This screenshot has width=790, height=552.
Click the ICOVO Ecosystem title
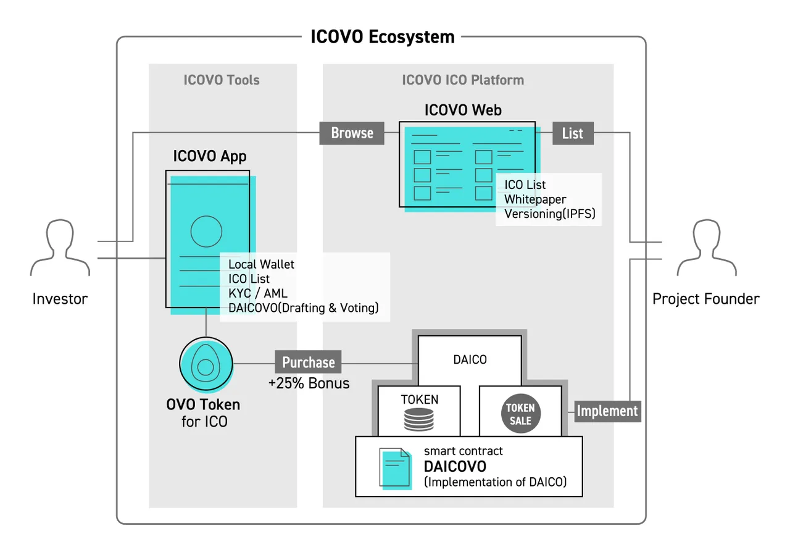click(x=382, y=36)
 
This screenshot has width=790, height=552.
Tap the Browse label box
click(x=352, y=133)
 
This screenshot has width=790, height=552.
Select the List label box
click(x=573, y=133)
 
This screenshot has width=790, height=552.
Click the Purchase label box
click(x=308, y=362)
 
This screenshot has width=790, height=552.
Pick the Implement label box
click(x=607, y=411)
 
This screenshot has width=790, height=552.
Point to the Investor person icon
click(x=60, y=247)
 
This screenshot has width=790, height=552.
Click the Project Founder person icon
click(x=707, y=247)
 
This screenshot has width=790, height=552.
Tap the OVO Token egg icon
click(x=206, y=364)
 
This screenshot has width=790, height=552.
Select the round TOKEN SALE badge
click(x=520, y=414)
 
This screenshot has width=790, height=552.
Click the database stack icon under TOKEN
click(x=418, y=419)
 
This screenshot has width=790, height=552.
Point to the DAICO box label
click(x=470, y=359)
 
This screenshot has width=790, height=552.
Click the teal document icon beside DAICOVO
click(x=396, y=469)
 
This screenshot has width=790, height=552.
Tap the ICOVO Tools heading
click(x=222, y=80)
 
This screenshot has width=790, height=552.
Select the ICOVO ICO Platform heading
click(x=463, y=80)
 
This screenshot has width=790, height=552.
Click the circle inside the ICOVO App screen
click(x=206, y=231)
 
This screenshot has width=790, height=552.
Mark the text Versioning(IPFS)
click(x=550, y=214)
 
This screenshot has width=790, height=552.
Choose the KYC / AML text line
click(x=258, y=293)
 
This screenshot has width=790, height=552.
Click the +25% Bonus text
click(x=309, y=383)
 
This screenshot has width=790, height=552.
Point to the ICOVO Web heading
click(x=463, y=110)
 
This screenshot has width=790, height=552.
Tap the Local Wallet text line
click(x=261, y=264)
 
